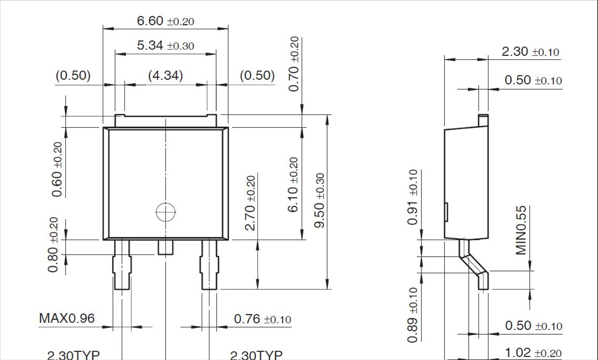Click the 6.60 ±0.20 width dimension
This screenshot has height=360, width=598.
coord(165,21)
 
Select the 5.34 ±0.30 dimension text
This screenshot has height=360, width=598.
coord(165,45)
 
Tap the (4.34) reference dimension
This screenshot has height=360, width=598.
coord(165,75)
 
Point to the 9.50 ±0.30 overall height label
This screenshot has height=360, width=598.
coord(319,200)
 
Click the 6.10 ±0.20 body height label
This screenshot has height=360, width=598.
coord(293,184)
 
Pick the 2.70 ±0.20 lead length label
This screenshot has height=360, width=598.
coord(250,203)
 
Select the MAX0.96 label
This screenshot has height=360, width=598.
coord(67,318)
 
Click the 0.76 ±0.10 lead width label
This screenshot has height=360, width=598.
coord(262,319)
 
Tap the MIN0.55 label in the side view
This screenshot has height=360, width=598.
coord(521,230)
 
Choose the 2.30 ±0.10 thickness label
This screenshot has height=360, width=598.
coord(530,52)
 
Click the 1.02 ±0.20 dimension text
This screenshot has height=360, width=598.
coord(533,353)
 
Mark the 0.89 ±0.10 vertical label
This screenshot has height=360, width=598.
coord(413,315)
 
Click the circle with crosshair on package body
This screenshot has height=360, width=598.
coord(165,212)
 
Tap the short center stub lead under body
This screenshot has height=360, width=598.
coord(165,247)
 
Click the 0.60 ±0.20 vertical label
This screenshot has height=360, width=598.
coord(57,169)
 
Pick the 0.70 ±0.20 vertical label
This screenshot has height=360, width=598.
coord(294,64)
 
